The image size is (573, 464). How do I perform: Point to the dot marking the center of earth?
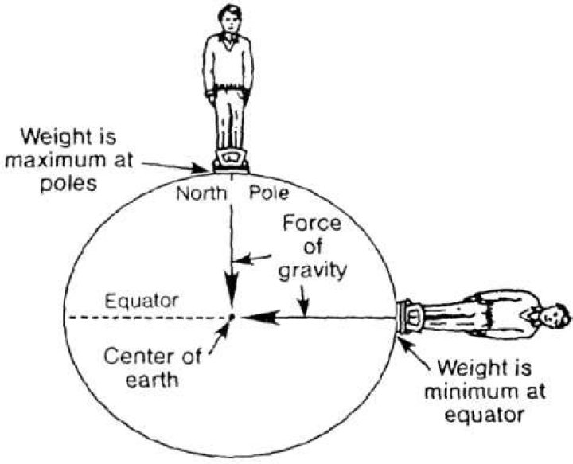(231, 317)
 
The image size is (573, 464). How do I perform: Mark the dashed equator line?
(143, 317)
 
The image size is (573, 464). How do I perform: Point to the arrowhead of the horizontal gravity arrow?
(250, 317)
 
